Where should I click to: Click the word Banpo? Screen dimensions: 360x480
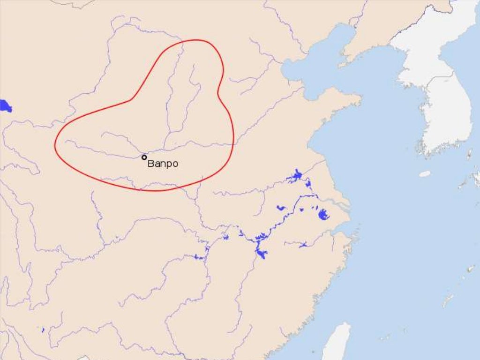click(163, 164)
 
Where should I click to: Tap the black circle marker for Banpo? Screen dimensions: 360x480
click(144, 157)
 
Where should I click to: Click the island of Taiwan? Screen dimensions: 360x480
click(337, 342)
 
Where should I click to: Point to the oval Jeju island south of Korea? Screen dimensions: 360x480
click(425, 174)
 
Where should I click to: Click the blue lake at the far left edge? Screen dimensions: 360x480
click(5, 106)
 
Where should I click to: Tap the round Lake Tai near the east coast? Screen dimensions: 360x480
click(323, 215)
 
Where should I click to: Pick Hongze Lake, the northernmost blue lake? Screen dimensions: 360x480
click(296, 176)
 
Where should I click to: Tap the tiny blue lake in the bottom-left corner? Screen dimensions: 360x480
click(43, 330)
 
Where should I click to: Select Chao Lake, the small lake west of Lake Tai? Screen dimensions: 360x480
click(281, 207)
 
